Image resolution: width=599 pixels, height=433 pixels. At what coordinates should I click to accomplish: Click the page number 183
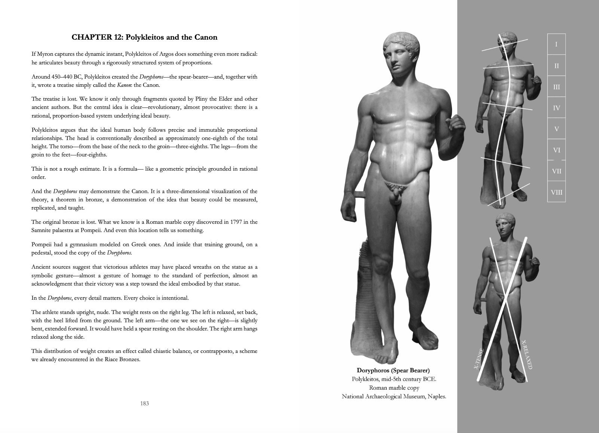(145, 403)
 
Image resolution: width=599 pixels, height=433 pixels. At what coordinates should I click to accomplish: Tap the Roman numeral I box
(556, 45)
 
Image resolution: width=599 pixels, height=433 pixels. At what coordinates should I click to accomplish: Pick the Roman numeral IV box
(556, 108)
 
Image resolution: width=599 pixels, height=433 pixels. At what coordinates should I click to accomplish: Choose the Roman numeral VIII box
(556, 193)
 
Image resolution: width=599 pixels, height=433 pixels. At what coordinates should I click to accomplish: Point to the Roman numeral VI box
(556, 150)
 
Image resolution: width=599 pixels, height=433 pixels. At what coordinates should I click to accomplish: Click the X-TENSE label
(479, 359)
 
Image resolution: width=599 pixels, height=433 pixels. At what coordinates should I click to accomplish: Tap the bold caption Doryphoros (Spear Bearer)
(393, 371)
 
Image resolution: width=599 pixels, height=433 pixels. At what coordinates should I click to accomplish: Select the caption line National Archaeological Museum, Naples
(394, 396)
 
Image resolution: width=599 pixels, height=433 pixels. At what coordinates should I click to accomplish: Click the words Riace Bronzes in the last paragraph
(121, 360)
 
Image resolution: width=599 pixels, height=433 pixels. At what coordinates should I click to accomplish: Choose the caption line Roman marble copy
(394, 388)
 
